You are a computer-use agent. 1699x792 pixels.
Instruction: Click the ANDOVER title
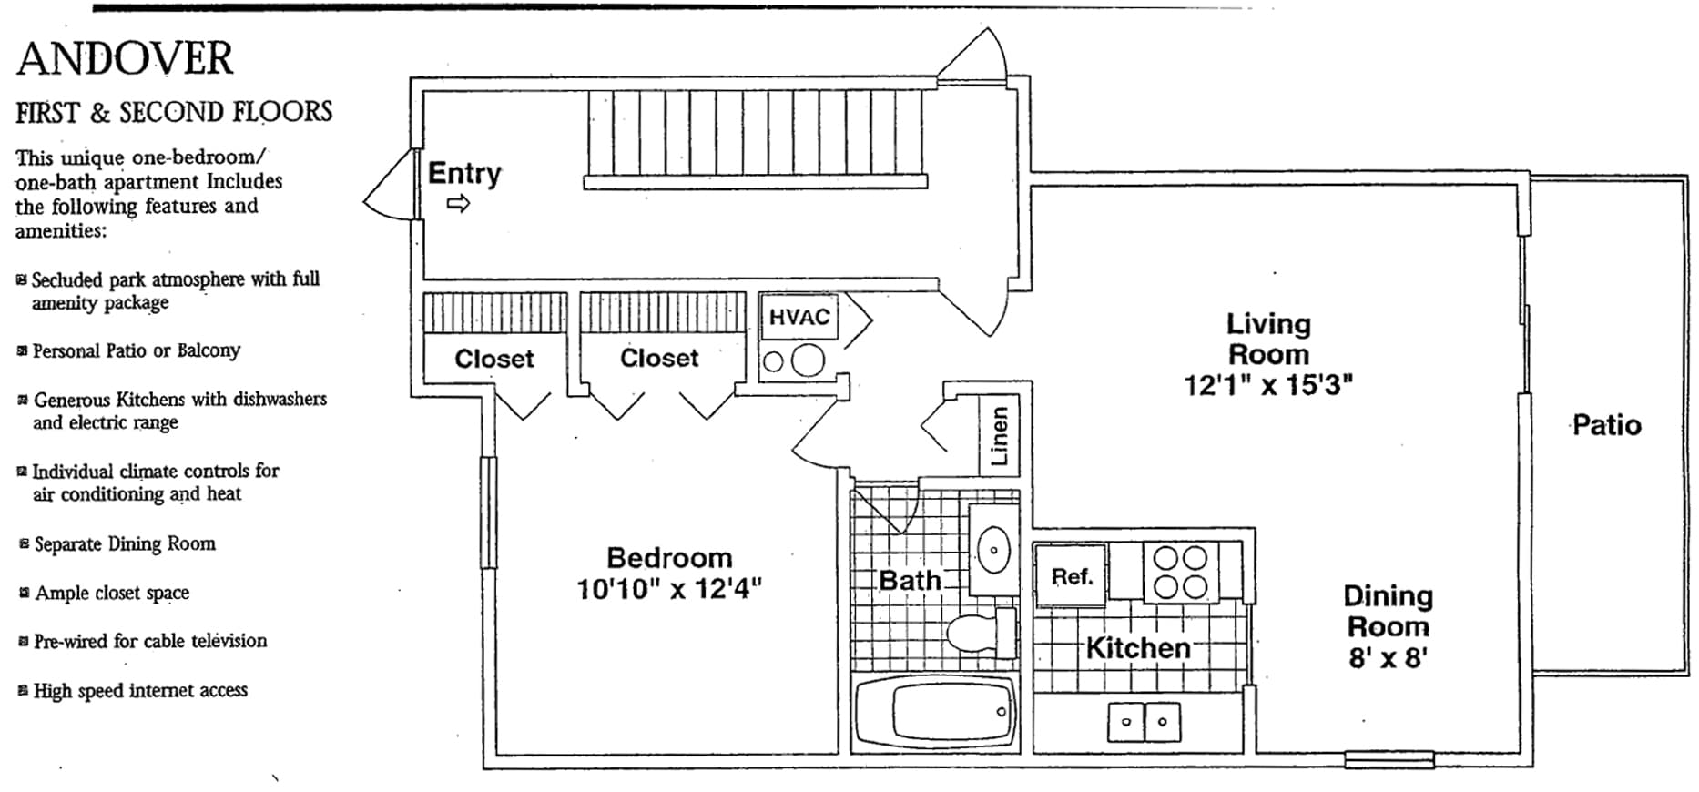click(125, 59)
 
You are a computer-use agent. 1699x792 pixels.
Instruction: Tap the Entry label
click(464, 173)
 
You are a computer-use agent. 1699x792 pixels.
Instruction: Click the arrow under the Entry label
click(458, 204)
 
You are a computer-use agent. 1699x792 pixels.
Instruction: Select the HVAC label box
click(799, 317)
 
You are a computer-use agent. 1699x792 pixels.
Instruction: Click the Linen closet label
click(999, 435)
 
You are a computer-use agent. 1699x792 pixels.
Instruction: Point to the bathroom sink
click(993, 550)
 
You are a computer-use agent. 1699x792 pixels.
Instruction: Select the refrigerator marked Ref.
click(1071, 575)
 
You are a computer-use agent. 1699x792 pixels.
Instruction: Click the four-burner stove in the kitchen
click(1180, 572)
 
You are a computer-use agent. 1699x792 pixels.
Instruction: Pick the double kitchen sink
click(1144, 722)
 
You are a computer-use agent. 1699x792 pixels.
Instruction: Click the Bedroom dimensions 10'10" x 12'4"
click(669, 589)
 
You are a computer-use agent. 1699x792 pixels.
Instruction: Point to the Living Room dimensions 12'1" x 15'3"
click(1267, 385)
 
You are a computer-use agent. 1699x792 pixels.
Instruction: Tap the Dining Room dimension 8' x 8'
click(1388, 657)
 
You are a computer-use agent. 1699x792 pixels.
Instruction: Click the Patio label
click(1606, 425)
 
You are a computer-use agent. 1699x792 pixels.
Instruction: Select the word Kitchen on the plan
click(1138, 648)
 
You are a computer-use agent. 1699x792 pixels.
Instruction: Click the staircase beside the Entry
click(756, 137)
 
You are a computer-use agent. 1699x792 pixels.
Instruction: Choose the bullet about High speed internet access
click(140, 691)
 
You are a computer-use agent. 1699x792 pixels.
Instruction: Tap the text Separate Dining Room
click(125, 544)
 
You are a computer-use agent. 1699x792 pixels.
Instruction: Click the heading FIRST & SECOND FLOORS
click(174, 113)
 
